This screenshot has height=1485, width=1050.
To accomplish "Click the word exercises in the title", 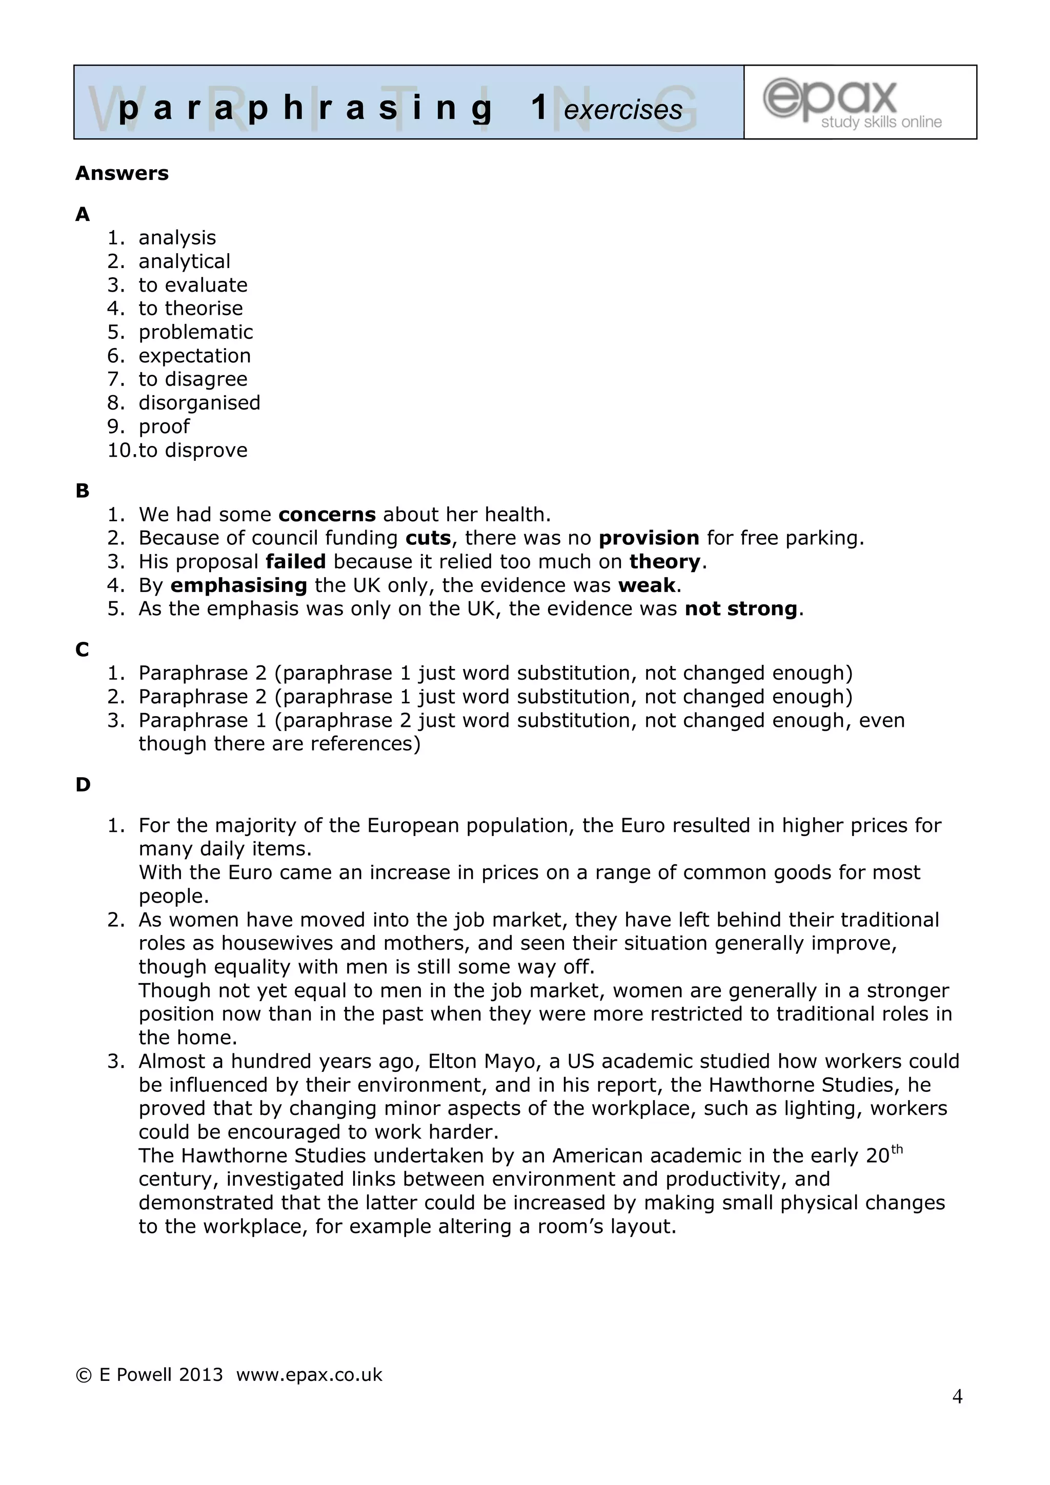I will click(622, 110).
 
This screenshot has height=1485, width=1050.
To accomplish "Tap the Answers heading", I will click(122, 173).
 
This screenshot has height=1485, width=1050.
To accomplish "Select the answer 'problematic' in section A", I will click(195, 332).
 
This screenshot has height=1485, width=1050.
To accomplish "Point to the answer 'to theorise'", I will click(190, 309).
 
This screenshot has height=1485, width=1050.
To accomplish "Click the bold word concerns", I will click(327, 514).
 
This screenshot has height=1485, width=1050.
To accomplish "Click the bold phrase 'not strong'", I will click(741, 608).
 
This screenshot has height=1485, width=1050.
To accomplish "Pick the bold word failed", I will click(296, 561).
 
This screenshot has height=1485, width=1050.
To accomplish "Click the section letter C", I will click(82, 649).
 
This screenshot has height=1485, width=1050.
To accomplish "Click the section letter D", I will click(83, 785).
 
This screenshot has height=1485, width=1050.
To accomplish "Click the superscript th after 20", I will click(896, 1149).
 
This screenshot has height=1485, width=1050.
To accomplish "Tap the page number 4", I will click(957, 1396).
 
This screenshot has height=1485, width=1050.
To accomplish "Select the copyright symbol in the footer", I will click(84, 1375).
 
